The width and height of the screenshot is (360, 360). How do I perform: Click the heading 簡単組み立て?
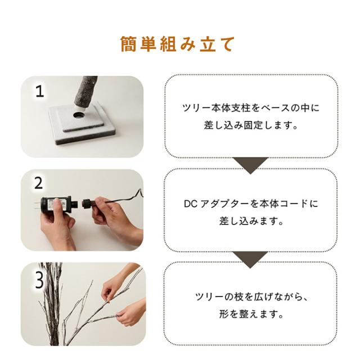[177, 44]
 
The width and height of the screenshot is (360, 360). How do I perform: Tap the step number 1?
[40, 91]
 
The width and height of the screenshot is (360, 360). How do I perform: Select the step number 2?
[39, 183]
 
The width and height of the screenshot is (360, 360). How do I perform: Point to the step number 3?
[39, 281]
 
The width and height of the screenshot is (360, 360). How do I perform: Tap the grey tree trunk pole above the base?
[85, 92]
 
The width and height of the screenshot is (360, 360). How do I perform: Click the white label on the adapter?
[54, 204]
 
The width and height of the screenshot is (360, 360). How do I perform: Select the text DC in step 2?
[191, 204]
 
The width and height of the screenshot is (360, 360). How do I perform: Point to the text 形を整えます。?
[251, 314]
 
